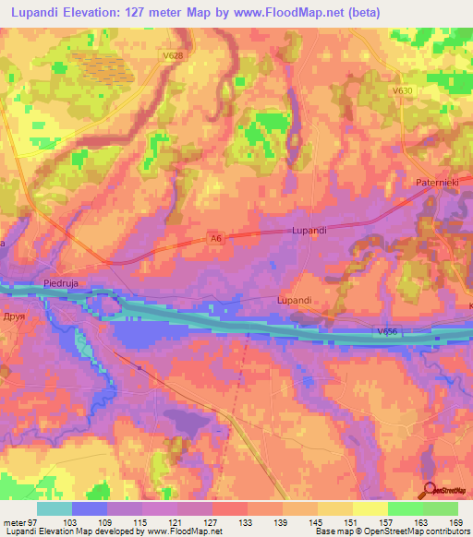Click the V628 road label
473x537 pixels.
(173, 56)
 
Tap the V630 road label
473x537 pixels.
(402, 90)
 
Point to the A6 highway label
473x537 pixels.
(216, 239)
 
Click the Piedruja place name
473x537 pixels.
(65, 283)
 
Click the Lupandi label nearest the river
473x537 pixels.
(297, 300)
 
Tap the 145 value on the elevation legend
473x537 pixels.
(318, 521)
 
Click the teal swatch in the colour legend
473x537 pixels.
(55, 508)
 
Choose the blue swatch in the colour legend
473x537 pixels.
(90, 508)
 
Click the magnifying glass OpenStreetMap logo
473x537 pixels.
(429, 490)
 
